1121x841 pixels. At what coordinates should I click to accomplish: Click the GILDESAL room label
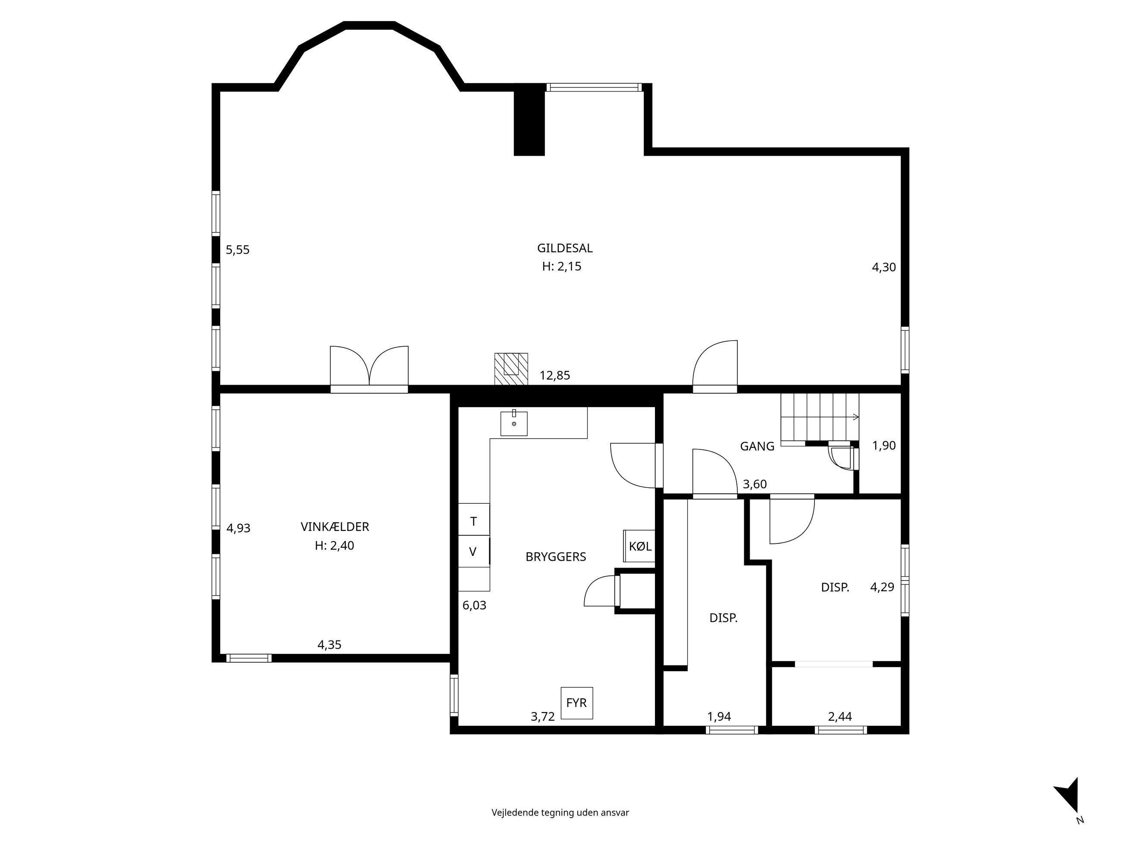click(x=564, y=248)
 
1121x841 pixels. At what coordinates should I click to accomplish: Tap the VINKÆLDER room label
click(x=335, y=527)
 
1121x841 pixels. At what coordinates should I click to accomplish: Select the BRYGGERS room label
click(x=555, y=557)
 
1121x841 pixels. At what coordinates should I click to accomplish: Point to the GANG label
click(x=757, y=446)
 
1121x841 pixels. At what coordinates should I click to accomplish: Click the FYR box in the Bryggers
click(x=577, y=703)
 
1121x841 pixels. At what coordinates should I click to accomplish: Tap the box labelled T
click(x=474, y=520)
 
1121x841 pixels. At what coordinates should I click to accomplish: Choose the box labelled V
click(x=474, y=551)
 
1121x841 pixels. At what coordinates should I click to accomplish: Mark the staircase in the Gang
click(x=820, y=419)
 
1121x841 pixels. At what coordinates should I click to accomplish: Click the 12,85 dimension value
click(x=554, y=376)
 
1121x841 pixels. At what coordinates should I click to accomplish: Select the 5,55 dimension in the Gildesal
click(x=238, y=250)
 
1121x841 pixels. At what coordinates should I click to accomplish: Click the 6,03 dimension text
click(x=474, y=605)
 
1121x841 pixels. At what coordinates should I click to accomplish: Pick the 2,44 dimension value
click(x=840, y=716)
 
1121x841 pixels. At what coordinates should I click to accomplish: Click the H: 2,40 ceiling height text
click(x=335, y=546)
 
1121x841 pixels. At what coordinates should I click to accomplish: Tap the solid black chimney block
click(x=529, y=119)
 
